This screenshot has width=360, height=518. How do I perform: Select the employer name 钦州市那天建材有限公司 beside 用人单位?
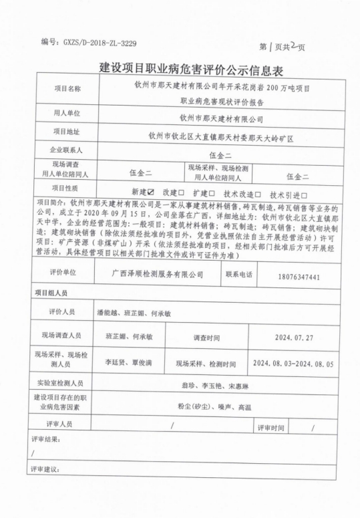point(221,118)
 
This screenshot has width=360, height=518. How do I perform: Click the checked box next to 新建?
point(152,193)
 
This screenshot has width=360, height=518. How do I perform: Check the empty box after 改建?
point(181,193)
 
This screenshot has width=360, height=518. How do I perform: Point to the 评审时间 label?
point(271,426)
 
